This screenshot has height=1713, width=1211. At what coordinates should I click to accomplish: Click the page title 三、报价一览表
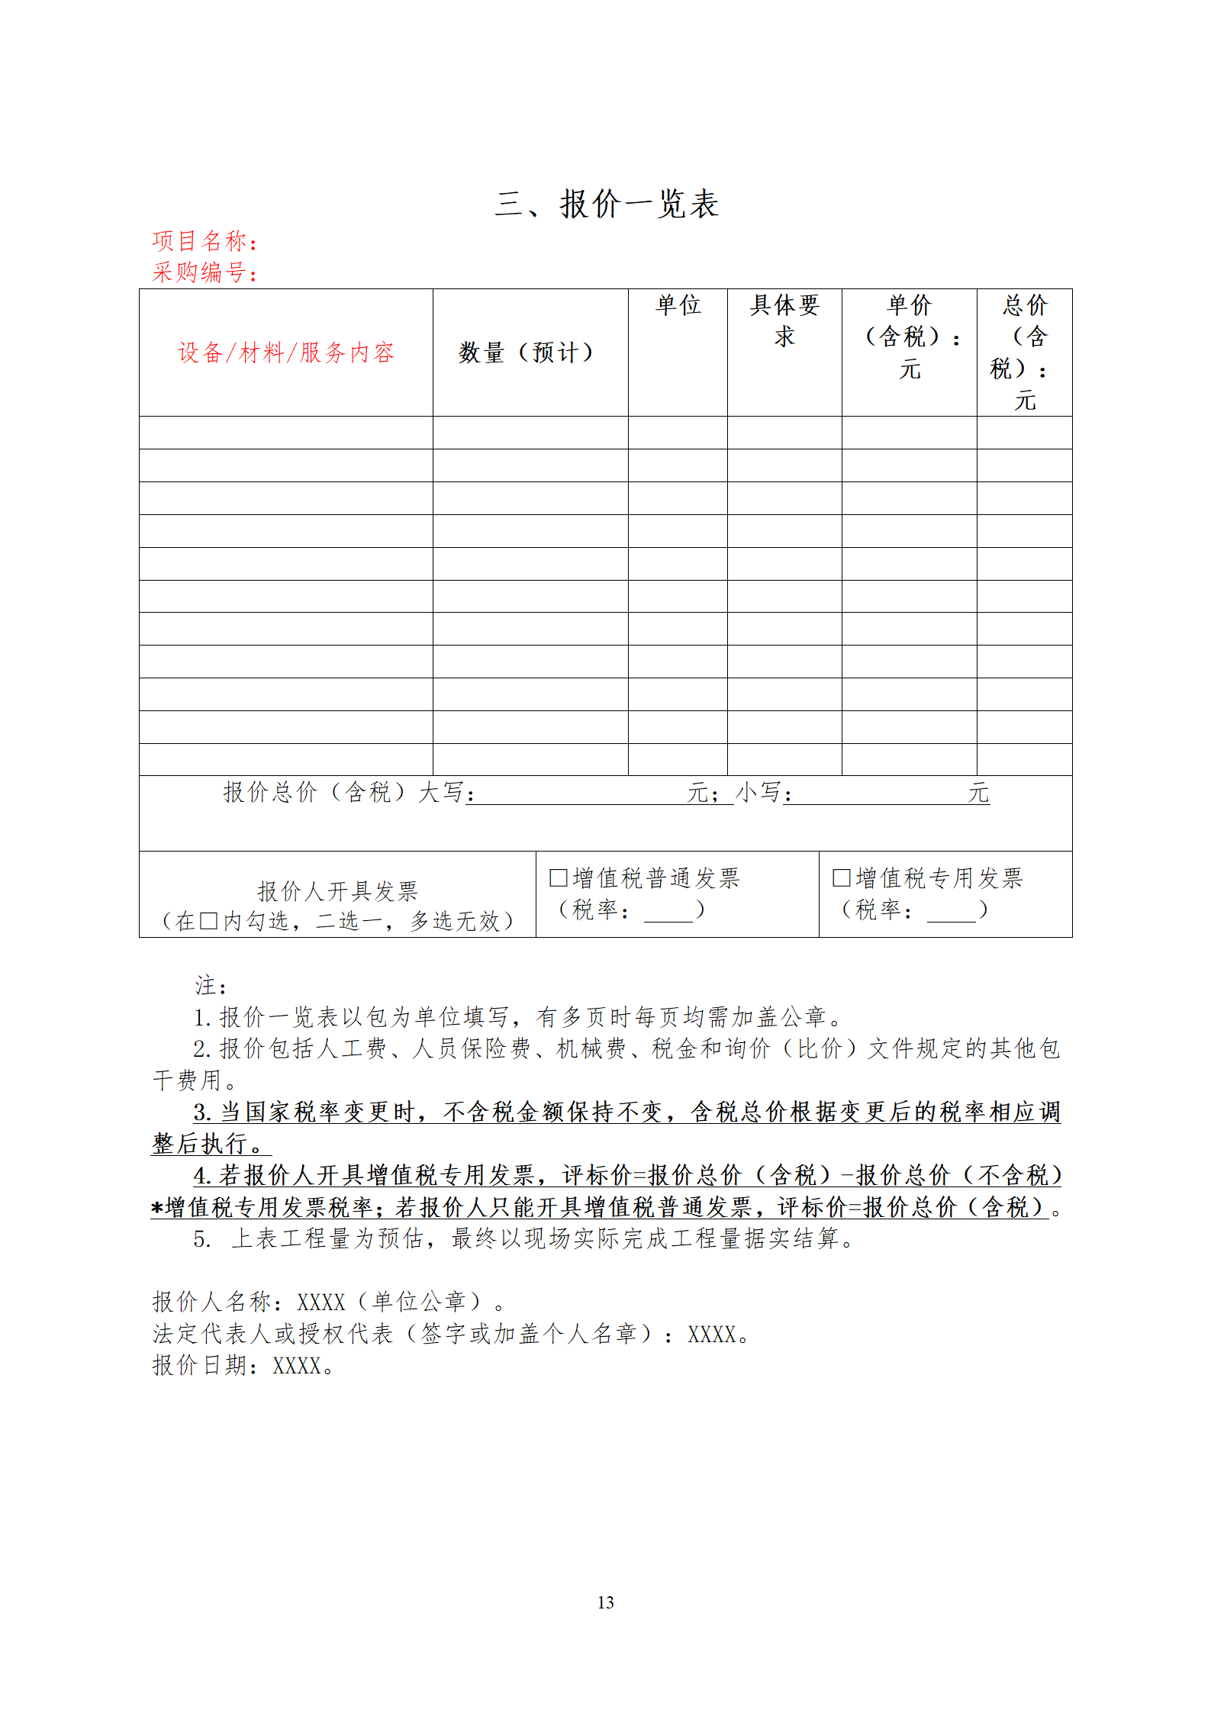pos(607,204)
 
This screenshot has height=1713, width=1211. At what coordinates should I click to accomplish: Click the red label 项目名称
pos(200,241)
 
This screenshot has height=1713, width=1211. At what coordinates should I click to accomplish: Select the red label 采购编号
pos(200,272)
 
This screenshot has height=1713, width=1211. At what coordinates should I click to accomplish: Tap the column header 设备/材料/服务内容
pos(286,353)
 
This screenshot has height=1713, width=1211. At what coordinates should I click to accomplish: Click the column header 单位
pos(678,305)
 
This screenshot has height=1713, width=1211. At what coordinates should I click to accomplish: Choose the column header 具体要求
pos(784,320)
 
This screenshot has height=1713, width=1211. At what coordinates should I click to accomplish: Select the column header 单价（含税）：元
pos(910,336)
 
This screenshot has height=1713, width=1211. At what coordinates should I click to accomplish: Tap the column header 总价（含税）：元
pos(1024,352)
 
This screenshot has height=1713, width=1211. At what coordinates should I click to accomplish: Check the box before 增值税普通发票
pos(558,877)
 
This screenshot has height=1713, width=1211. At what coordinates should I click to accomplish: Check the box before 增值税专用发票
pos(841,877)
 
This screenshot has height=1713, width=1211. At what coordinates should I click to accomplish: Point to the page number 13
pos(606,1602)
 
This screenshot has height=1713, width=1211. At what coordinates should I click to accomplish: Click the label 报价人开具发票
pos(337,890)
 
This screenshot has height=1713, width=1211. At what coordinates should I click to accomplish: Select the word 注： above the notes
pos(210,986)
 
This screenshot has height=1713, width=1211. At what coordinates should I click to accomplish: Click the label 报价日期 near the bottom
pos(200,1365)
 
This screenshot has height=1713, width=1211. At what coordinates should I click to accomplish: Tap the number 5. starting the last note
pos(202,1238)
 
